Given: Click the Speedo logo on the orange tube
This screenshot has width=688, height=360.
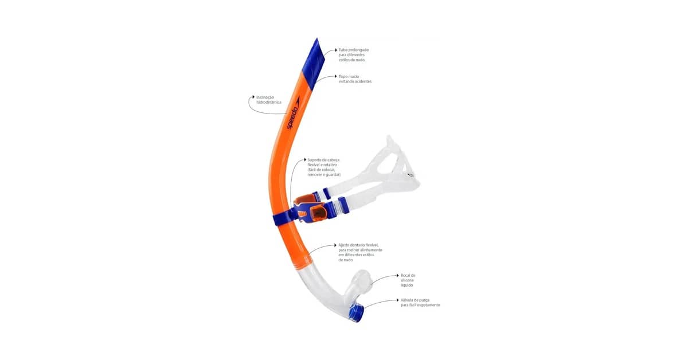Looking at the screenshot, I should pos(293,117).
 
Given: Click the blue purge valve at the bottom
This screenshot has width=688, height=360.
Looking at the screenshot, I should pos(356,312).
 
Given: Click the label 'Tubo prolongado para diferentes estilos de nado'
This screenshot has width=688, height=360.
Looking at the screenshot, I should pos(353,54).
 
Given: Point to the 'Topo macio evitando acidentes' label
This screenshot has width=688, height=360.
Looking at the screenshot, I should pos(355,79).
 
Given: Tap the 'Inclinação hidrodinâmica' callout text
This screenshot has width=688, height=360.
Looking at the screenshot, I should pos(269,100).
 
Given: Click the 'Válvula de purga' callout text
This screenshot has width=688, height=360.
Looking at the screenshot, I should pos(420,302).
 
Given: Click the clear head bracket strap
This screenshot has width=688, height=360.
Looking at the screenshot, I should pos(390,172).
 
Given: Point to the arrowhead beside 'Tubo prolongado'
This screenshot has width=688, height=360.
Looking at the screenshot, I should pos(336,50).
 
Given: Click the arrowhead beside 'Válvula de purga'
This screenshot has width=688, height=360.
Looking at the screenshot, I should pos(398,300).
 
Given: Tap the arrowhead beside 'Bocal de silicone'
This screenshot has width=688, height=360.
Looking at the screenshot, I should pos(398,275).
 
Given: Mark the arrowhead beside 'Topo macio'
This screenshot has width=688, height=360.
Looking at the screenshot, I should pos(336,76).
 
